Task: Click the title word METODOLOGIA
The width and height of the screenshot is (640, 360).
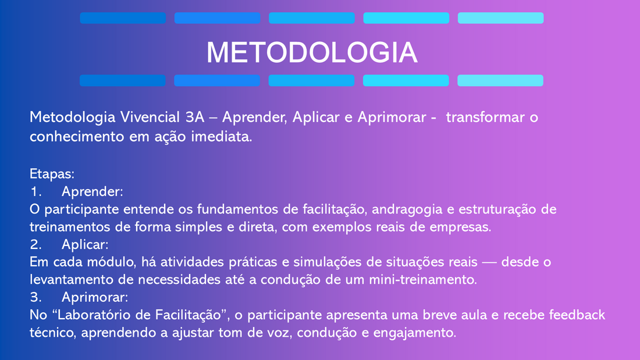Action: [x=312, y=53]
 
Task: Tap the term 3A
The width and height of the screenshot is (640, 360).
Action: [x=195, y=117]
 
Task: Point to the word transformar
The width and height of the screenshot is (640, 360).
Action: [x=485, y=117]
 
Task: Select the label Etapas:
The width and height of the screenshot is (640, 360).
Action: [x=52, y=174]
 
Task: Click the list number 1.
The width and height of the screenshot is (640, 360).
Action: [x=36, y=191]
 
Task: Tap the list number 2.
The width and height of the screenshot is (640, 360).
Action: [x=36, y=244]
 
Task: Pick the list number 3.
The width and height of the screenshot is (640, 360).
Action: [x=36, y=297]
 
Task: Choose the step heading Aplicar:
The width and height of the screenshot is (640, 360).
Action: [x=85, y=245]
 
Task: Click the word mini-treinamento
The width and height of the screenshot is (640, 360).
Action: [x=423, y=280]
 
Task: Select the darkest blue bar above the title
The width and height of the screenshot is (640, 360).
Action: [x=123, y=18]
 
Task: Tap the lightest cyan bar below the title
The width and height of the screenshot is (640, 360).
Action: [x=500, y=80]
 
